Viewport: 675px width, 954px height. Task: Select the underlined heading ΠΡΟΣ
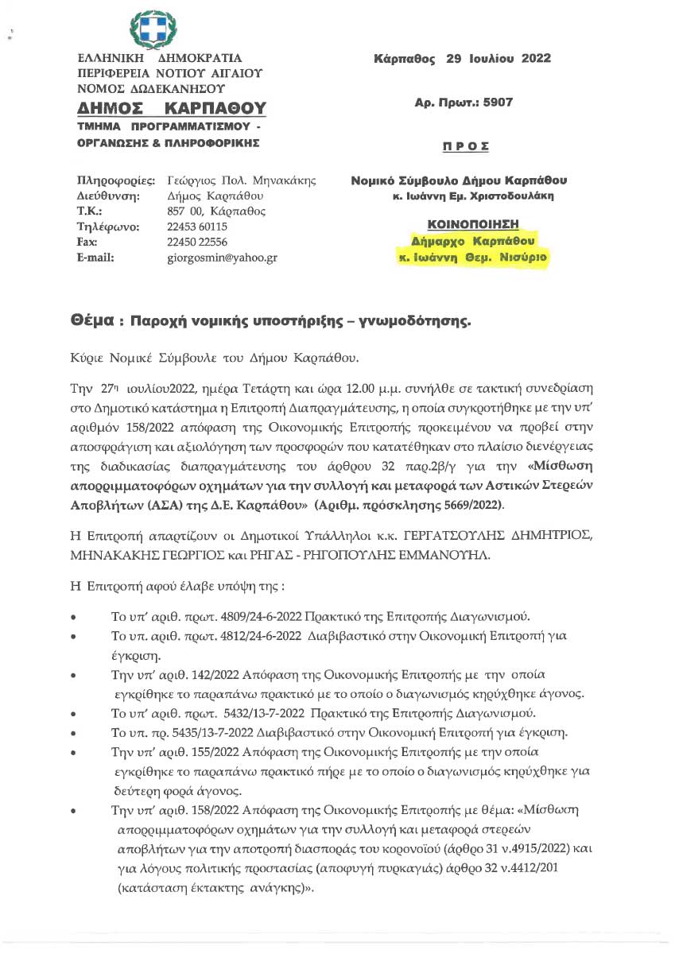click(465, 147)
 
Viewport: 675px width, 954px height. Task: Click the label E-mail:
click(95, 257)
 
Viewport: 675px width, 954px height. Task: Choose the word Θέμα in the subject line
click(91, 322)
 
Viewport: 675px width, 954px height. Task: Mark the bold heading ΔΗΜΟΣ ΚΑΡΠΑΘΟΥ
click(172, 108)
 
